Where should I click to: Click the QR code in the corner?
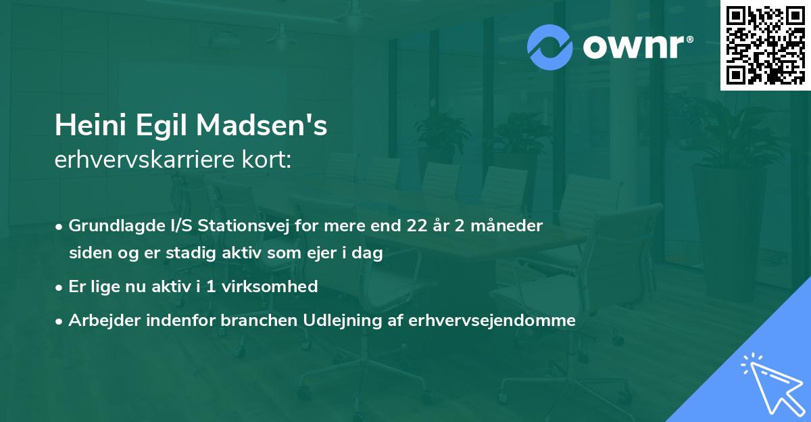click(x=766, y=45)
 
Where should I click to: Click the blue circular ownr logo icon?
click(x=550, y=47)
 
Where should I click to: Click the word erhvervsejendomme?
click(x=492, y=321)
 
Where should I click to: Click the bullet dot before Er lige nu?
click(x=60, y=287)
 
